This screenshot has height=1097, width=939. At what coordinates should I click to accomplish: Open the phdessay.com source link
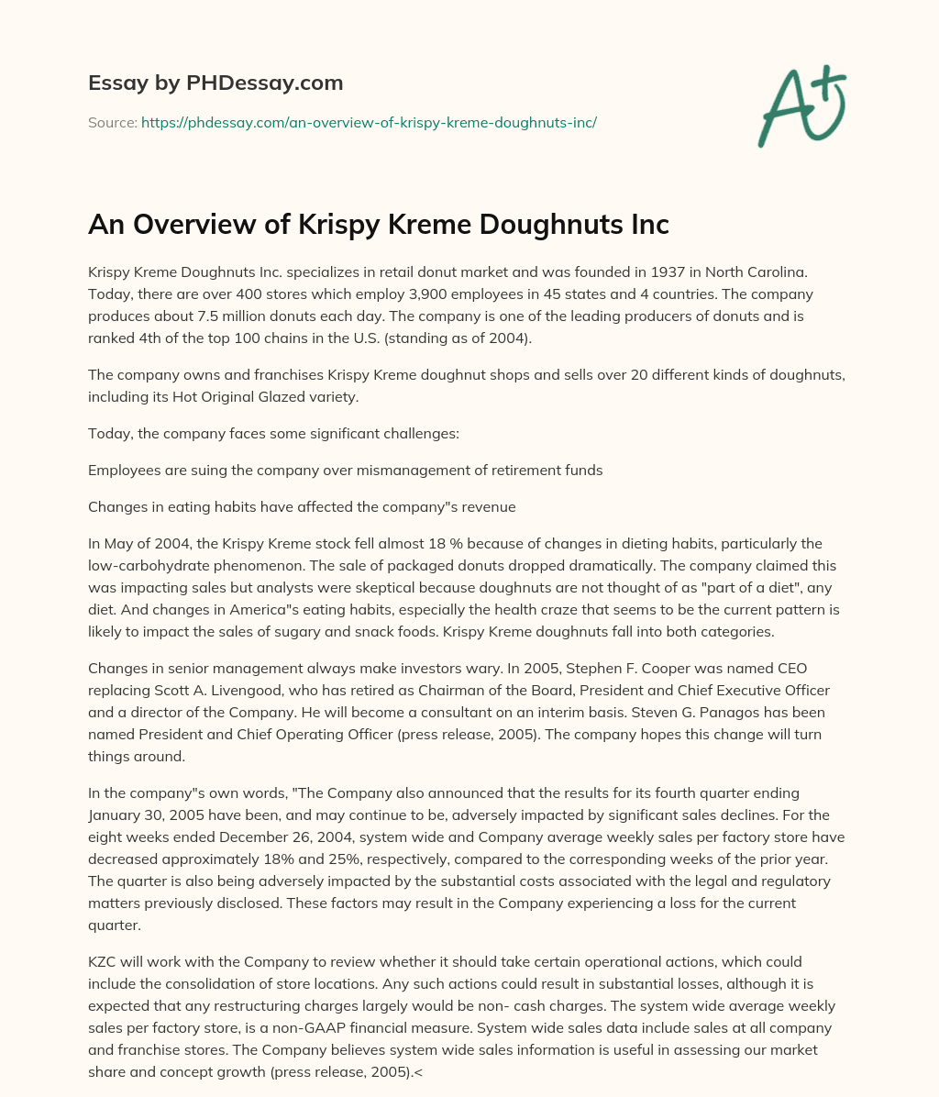369,121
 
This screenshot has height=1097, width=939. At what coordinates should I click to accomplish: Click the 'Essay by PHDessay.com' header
215,83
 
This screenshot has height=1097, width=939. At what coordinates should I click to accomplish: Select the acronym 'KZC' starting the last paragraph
105,961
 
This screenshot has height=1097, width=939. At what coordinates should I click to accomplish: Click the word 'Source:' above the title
113,121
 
